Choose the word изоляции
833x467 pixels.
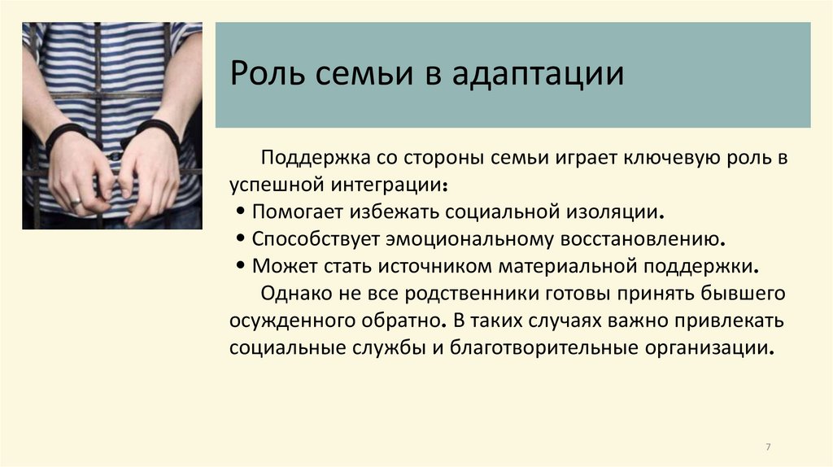coord(620,212)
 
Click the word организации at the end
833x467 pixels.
coord(709,347)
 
